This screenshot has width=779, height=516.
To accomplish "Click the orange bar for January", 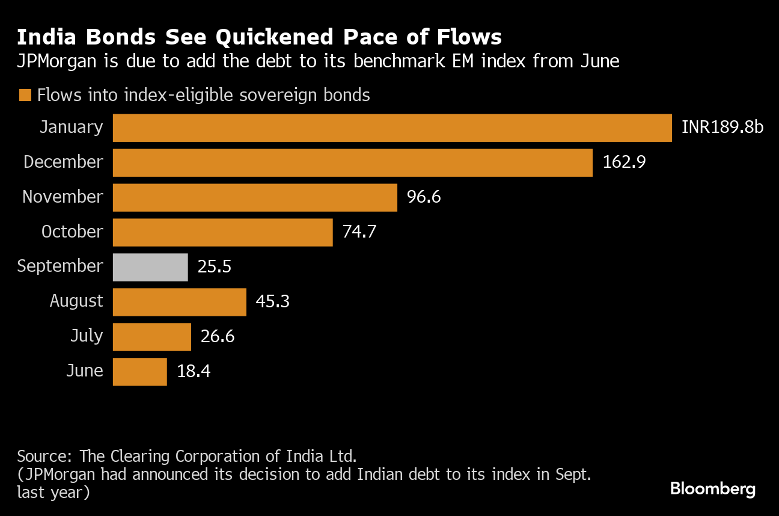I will pos(392,128).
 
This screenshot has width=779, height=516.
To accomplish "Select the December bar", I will pos(352,162).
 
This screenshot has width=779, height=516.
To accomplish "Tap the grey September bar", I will pos(150,267).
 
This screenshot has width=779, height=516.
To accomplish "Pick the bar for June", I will pos(139,372).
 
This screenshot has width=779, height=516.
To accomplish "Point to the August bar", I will pos(179,302).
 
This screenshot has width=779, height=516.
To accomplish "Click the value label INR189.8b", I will pos(722,127).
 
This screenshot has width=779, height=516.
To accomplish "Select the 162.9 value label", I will pos(624,162).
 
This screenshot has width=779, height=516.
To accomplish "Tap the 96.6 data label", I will pos(424,197).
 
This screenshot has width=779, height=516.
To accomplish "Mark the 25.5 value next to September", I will pos(215,266).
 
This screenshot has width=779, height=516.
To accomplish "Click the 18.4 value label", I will pos(194,371).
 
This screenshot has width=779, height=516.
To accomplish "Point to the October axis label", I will pos(72,232).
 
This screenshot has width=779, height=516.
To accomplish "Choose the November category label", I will pos(63,197).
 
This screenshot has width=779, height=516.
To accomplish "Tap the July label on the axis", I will pos(87,336).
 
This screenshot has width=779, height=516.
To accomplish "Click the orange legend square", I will pos(25,95).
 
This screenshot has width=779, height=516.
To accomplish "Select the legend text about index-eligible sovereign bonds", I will pos(203,95).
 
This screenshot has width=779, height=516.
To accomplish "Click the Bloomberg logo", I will pos(712,488).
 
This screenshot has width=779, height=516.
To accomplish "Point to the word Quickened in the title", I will pos(272,37).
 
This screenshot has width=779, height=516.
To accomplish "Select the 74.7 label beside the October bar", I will pos(359,232).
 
